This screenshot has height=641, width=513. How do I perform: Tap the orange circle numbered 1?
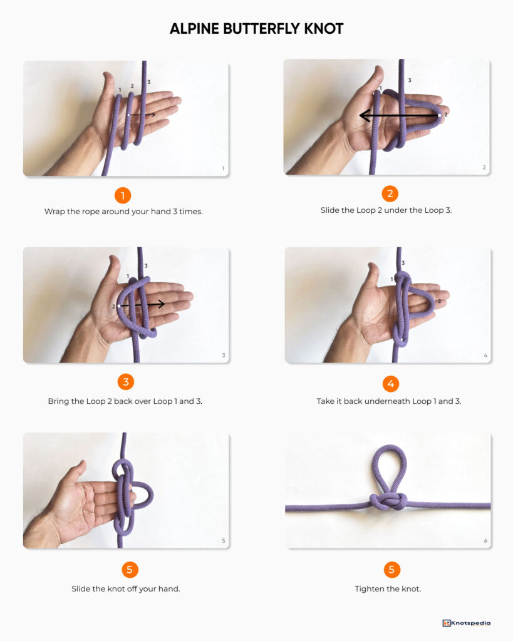click(x=123, y=195)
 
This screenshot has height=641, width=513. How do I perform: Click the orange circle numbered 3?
click(x=125, y=382)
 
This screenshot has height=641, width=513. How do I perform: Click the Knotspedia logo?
click(x=466, y=623)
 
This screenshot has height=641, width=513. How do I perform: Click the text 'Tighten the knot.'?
click(x=388, y=588)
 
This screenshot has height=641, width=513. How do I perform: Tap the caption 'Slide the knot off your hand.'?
click(x=125, y=588)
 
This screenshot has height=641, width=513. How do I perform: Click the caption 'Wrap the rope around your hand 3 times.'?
click(x=123, y=212)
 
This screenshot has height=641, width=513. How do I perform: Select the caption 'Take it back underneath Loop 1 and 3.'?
click(x=388, y=401)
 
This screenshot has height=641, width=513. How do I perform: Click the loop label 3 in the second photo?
click(x=409, y=80)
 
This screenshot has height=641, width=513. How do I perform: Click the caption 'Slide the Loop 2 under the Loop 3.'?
click(x=386, y=210)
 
